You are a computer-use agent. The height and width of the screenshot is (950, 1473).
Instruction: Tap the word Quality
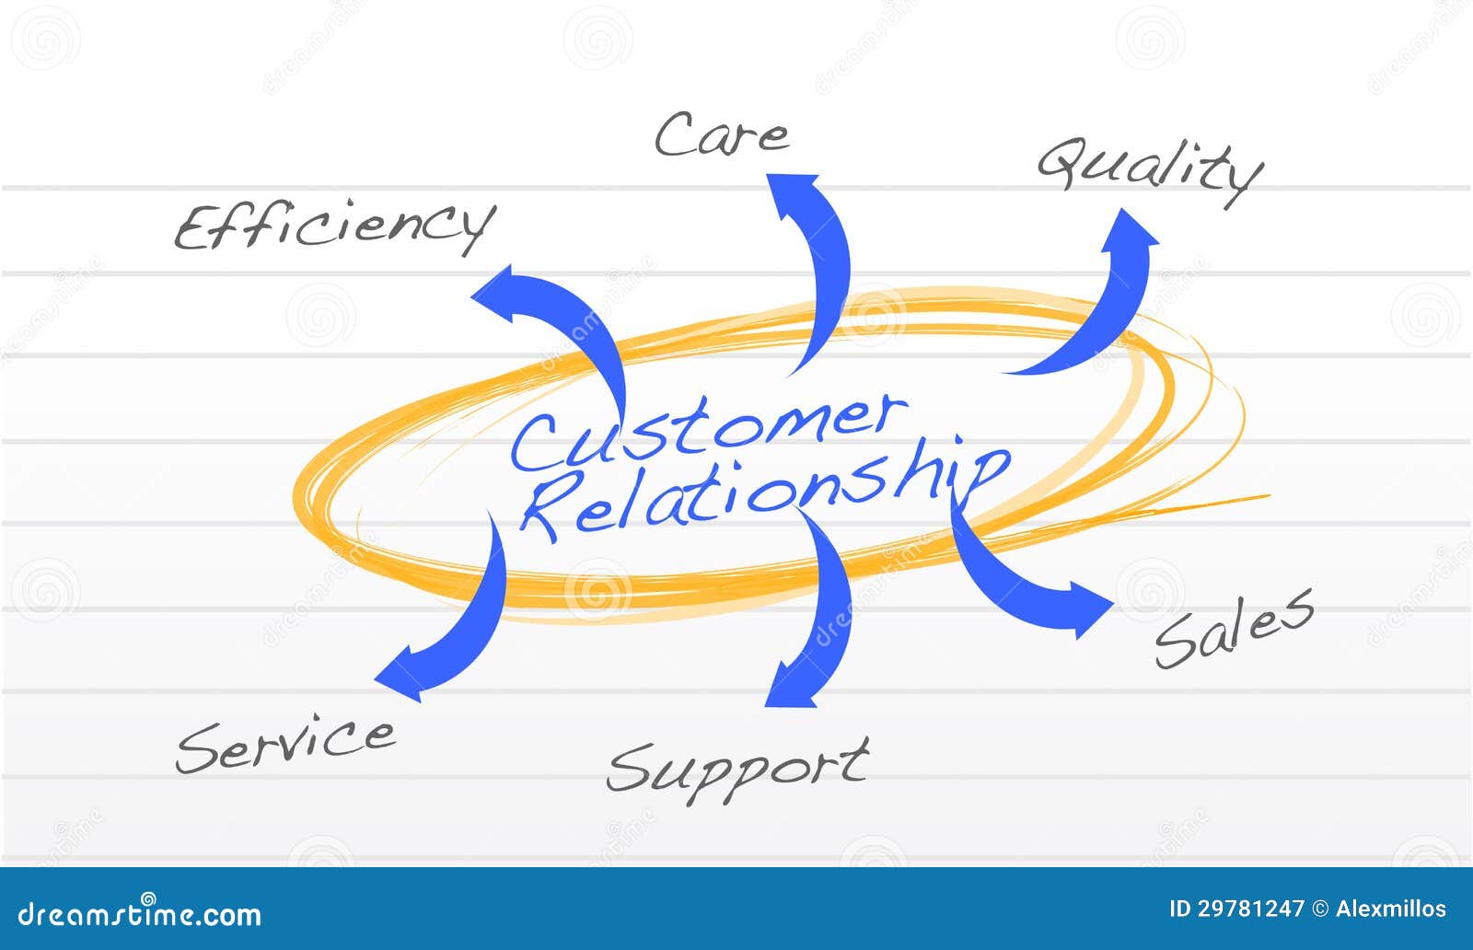pos(1149,169)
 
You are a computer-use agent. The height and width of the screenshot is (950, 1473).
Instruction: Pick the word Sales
pos(1234,628)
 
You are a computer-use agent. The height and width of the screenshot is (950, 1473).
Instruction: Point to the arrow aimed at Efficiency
pos(562,322)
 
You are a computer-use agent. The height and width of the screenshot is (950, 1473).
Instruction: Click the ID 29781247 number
pos(1236,909)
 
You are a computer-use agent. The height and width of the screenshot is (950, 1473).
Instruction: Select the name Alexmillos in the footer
pos(1390,909)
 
